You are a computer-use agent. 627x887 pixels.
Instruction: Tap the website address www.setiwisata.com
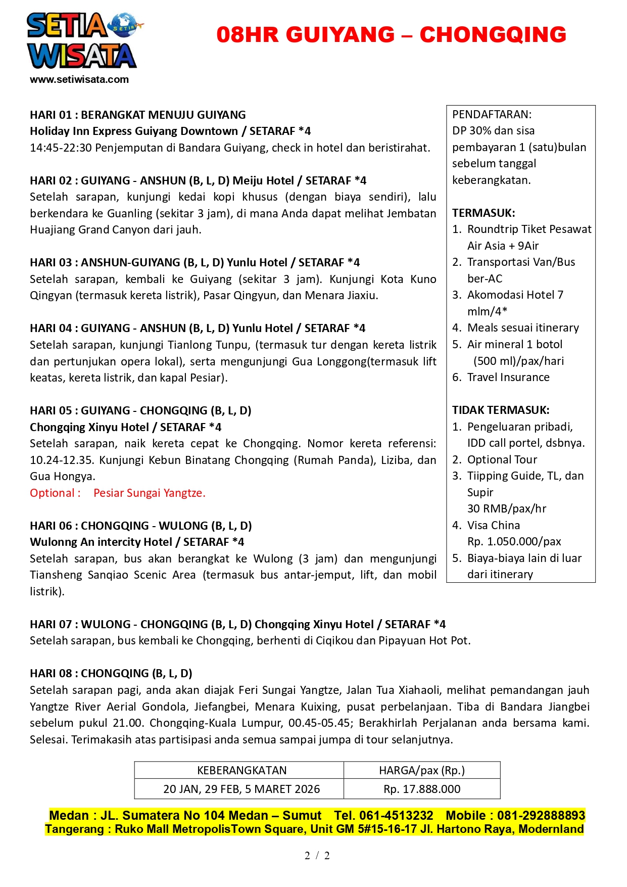(79, 79)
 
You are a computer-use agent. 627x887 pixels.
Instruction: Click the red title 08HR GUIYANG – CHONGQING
(391, 35)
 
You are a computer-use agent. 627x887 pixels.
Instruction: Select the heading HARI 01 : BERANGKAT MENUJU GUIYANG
(138, 115)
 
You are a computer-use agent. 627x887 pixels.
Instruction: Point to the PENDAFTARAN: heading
(492, 114)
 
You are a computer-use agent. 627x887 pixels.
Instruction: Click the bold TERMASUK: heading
(484, 213)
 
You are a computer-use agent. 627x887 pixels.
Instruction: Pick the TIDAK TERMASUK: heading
(501, 410)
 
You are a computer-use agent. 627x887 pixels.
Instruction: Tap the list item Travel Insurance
(508, 377)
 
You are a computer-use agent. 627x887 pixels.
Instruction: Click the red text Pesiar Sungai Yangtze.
(150, 493)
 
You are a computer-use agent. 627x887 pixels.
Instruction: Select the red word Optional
(53, 493)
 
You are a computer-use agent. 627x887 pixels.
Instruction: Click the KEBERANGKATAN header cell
(242, 770)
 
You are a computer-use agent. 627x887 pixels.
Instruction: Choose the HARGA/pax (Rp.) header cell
(422, 770)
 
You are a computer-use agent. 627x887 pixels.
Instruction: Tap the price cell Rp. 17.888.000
(422, 789)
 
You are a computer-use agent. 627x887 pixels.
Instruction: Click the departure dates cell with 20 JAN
(242, 789)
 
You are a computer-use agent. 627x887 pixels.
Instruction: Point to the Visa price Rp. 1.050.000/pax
(514, 541)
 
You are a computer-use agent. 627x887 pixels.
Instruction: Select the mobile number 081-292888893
(541, 815)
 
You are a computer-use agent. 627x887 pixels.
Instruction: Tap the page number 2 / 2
(317, 855)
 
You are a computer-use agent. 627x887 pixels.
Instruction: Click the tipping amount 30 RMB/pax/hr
(507, 508)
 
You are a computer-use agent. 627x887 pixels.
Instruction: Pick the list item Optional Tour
(502, 459)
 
